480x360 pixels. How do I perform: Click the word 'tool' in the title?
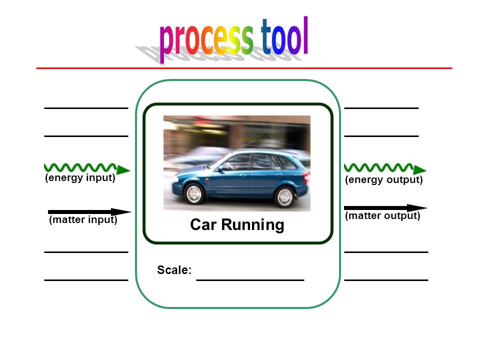point(284,36)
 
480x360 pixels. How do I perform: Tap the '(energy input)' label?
point(80,178)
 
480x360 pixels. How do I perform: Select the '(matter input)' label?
point(83,220)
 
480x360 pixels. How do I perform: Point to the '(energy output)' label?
point(383,179)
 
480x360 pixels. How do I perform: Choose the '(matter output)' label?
point(382,216)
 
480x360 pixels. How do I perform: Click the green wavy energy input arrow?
point(87,168)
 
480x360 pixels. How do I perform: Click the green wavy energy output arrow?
point(385,168)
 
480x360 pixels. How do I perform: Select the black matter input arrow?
point(89,212)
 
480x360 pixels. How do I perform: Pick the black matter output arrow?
point(385,208)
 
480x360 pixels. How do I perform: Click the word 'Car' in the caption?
point(203,224)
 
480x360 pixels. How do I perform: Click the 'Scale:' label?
point(174,270)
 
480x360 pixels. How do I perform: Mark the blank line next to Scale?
point(250,280)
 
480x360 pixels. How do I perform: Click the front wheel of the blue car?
point(194,193)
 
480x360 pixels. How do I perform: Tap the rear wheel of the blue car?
point(284,197)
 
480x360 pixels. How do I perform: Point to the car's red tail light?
point(305,176)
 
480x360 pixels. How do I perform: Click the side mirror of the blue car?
point(220,168)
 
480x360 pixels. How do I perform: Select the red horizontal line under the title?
point(244,68)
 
